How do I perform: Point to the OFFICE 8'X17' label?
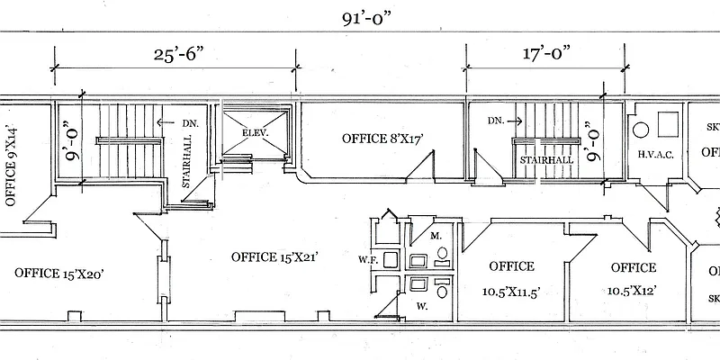pyautogui.click(x=382, y=139)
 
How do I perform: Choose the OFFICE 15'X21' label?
pyautogui.click(x=276, y=256)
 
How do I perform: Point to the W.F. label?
pyautogui.click(x=366, y=260)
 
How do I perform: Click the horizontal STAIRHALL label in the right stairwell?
pyautogui.click(x=546, y=159)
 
